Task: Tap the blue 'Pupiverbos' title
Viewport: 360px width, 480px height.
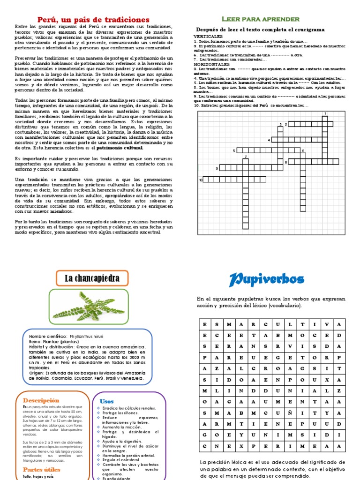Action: click(x=266, y=280)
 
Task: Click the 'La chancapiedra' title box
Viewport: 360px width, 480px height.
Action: click(x=92, y=278)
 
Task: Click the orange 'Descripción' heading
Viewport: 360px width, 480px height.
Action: click(x=41, y=400)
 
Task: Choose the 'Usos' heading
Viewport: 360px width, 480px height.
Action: click(x=107, y=401)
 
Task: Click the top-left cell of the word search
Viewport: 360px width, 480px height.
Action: click(x=204, y=324)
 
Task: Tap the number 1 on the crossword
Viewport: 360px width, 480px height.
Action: click(x=325, y=113)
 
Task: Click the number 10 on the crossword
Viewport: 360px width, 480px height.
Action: click(x=200, y=180)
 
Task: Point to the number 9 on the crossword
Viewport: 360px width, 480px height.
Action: click(x=217, y=168)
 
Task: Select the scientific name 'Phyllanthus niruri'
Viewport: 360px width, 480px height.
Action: click(x=86, y=337)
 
